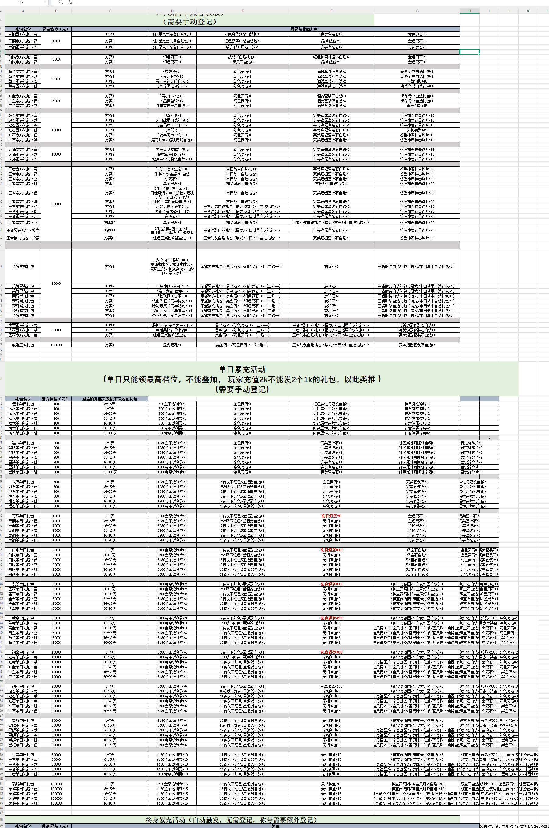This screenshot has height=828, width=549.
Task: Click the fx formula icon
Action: point(70,2)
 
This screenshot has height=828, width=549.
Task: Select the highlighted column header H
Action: point(469,11)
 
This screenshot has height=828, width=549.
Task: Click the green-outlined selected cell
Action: point(469,52)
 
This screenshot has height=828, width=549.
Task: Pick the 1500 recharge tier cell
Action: point(56,41)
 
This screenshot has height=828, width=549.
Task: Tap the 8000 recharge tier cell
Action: point(56,101)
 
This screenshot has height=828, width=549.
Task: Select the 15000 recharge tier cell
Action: point(56,154)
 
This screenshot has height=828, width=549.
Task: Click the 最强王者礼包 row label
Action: point(23,345)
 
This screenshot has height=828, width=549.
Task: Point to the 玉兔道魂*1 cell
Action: point(172,345)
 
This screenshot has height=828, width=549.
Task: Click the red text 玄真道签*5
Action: point(331,516)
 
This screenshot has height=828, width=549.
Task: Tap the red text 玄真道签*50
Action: point(331,652)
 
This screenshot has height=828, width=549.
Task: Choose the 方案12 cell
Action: point(110,238)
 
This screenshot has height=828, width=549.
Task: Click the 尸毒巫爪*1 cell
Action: point(172,115)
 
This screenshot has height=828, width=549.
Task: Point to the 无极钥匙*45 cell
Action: point(417,130)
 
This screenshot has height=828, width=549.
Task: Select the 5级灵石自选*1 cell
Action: point(242,62)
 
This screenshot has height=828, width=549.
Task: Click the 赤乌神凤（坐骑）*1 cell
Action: point(172,286)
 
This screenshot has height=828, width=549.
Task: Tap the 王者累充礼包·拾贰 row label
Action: point(23,238)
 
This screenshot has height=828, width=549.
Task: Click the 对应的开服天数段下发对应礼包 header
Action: point(110,399)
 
